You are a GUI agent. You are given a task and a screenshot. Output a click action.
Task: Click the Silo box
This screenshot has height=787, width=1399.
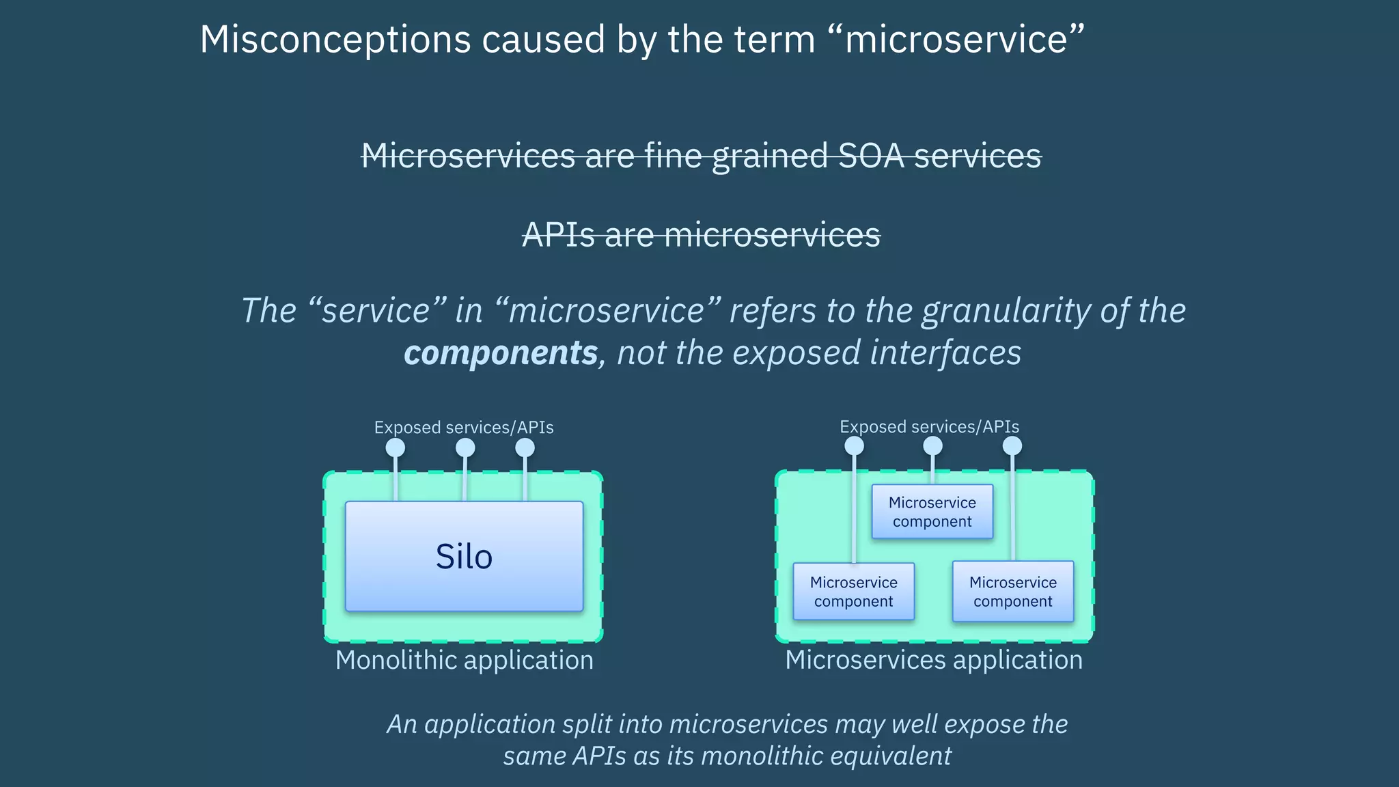pyautogui.click(x=464, y=556)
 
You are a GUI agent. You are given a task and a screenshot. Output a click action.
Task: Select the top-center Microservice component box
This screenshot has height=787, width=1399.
pyautogui.click(x=932, y=512)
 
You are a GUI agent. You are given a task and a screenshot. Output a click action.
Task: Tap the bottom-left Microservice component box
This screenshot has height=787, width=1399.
pyautogui.click(x=853, y=592)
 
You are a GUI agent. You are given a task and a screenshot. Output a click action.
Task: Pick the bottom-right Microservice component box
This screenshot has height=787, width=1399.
pyautogui.click(x=1012, y=592)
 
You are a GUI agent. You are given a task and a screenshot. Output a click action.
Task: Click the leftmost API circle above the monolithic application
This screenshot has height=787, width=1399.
pyautogui.click(x=396, y=448)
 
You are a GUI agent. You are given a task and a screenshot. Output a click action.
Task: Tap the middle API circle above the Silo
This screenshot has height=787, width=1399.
pyautogui.click(x=465, y=448)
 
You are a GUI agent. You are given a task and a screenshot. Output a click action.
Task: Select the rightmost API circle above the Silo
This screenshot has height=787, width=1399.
pyautogui.click(x=525, y=448)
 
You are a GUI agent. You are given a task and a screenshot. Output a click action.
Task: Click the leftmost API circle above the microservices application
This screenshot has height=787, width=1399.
pyautogui.click(x=854, y=446)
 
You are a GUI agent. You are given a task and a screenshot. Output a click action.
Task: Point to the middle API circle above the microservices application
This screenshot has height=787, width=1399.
pyautogui.click(x=932, y=446)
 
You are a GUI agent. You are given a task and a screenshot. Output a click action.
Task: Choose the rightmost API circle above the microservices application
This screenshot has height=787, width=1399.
pyautogui.click(x=1012, y=446)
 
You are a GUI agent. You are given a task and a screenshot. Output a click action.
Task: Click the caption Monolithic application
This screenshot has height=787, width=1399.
pyautogui.click(x=464, y=661)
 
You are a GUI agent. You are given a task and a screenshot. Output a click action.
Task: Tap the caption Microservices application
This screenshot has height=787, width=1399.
pyautogui.click(x=934, y=661)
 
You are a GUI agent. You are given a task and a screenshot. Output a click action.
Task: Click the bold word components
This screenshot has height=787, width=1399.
pyautogui.click(x=501, y=353)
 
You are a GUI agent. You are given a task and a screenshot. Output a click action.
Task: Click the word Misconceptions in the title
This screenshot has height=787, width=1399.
pyautogui.click(x=335, y=39)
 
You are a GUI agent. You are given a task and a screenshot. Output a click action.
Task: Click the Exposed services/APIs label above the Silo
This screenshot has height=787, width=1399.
pyautogui.click(x=464, y=428)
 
